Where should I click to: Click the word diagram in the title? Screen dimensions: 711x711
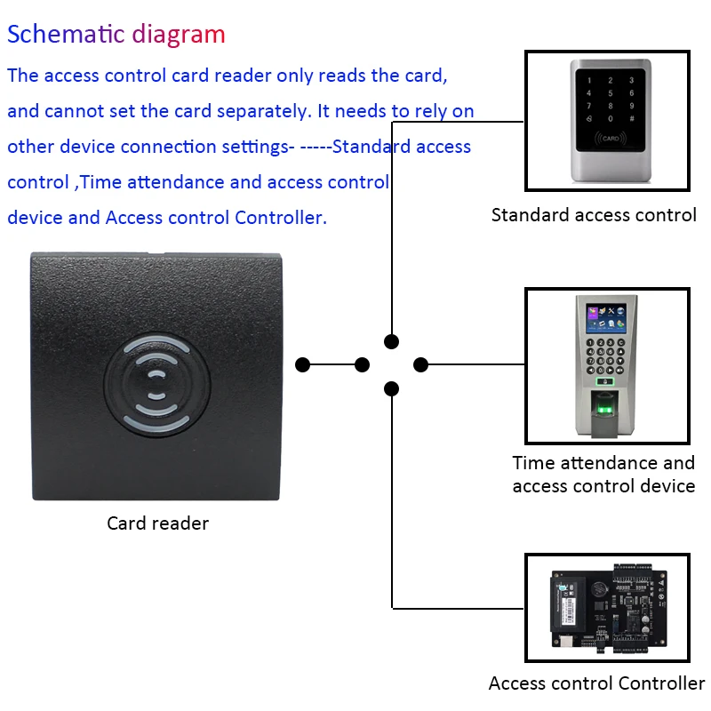coord(179,35)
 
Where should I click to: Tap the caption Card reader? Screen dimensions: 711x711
coord(157,523)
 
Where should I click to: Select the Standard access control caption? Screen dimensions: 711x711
coord(594,214)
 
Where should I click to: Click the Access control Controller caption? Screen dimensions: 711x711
coord(596,683)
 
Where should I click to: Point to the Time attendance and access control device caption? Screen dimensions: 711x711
coord(603,474)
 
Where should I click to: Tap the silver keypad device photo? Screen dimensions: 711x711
coord(607,120)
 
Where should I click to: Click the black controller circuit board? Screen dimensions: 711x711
coord(608,608)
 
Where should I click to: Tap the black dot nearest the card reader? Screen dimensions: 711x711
coord(302,364)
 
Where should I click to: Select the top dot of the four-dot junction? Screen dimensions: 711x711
coord(391,341)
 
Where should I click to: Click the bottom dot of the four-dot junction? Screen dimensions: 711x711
coord(391,388)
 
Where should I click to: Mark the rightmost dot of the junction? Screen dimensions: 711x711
coord(421,364)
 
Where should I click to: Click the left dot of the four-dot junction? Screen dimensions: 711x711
coord(362,364)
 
